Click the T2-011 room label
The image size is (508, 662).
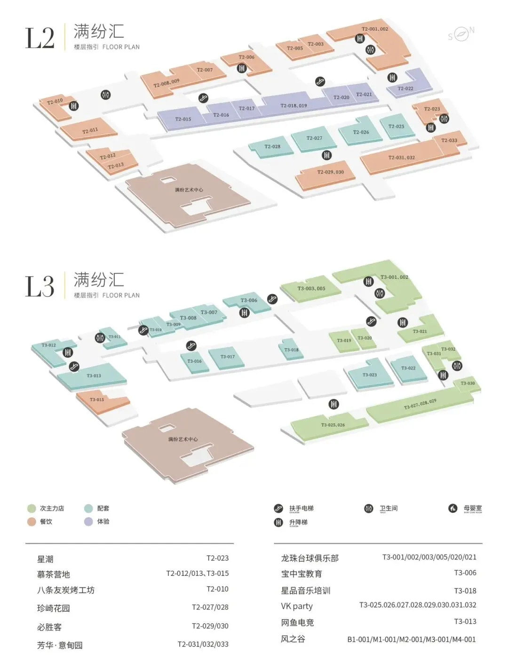click(x=90, y=131)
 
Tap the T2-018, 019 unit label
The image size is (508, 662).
click(x=294, y=106)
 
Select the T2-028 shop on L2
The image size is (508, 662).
click(x=272, y=146)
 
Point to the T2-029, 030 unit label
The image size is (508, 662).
click(x=330, y=172)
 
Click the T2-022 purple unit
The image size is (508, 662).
click(x=405, y=88)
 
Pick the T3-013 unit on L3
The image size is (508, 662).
click(x=94, y=376)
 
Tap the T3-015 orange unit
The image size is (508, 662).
click(x=97, y=400)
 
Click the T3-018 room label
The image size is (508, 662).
click(x=291, y=350)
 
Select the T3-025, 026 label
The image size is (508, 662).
click(x=333, y=425)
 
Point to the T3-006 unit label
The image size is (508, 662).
click(x=249, y=300)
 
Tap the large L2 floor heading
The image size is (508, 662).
click(x=40, y=38)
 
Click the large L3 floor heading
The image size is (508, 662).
click(x=40, y=287)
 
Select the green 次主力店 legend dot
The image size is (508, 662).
click(x=32, y=509)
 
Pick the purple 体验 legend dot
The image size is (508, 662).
click(x=88, y=522)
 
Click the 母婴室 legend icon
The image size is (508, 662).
click(x=452, y=508)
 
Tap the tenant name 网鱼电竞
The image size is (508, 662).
click(x=297, y=622)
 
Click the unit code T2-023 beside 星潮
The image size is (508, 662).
click(x=217, y=558)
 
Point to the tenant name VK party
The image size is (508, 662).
click(x=297, y=606)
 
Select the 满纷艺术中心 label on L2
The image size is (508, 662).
click(x=189, y=190)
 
